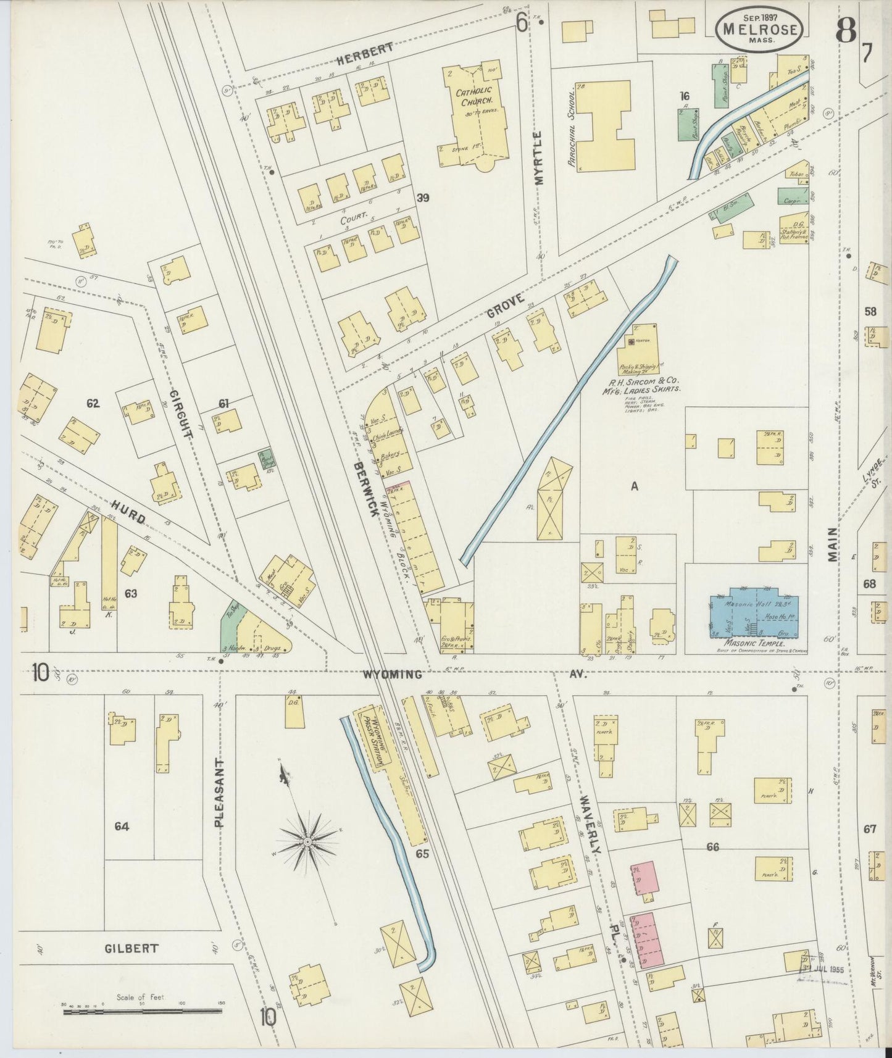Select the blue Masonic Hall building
point(754,615)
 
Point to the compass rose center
point(307,841)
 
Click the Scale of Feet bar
point(143,1011)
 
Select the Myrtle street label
point(539,157)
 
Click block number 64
point(121,826)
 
